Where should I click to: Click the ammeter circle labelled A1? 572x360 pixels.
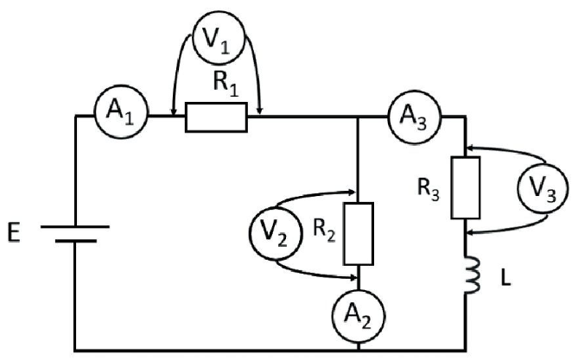coord(123,113)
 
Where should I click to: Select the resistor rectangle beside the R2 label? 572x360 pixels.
coord(358,233)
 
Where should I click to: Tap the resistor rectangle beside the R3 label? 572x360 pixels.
coord(467,187)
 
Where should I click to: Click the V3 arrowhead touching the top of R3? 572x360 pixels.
coord(471,149)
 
